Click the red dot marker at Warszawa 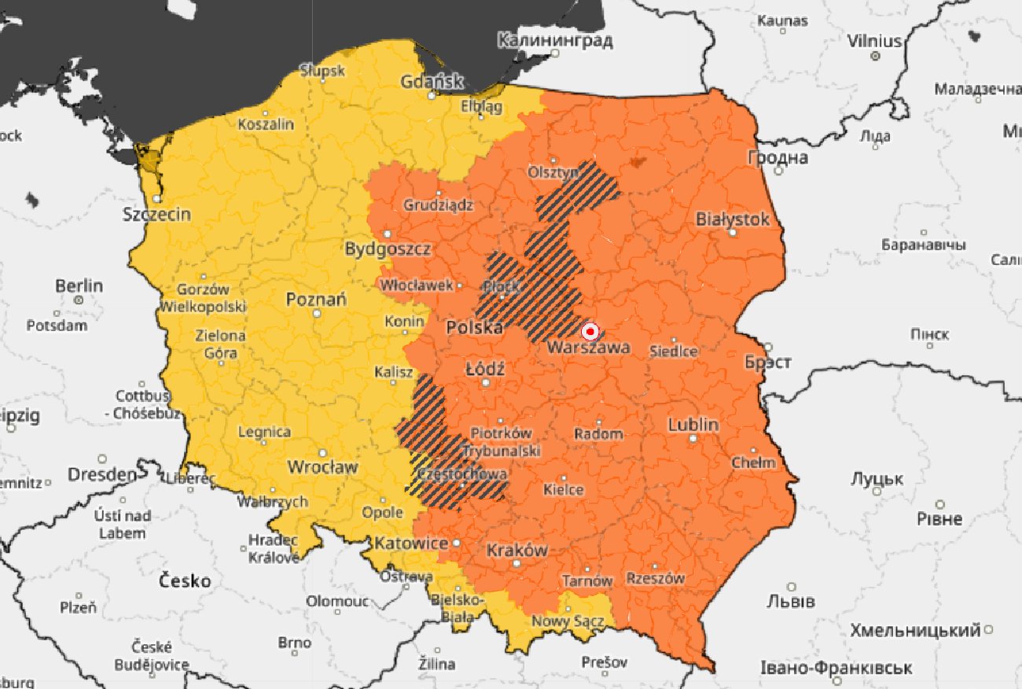590,332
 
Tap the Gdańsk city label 432,82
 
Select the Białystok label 732,219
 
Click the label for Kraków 517,550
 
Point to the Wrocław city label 322,466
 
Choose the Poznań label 316,300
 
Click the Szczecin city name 156,214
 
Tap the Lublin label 693,425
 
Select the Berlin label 79,286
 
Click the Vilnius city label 874,41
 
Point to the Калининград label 555,40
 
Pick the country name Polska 474,328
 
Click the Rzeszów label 655,578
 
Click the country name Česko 185,581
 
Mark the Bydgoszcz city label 388,249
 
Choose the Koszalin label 266,124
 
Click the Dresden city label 101,474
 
